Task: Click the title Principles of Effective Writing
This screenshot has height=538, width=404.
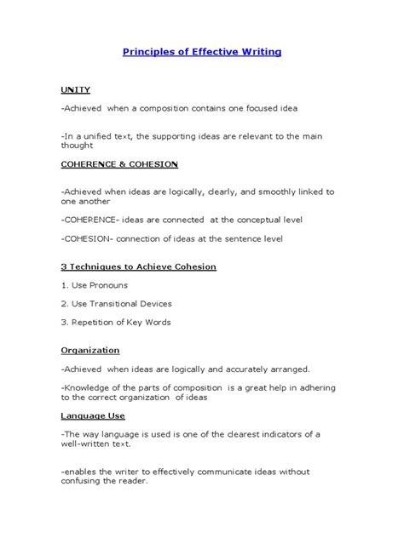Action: tap(202, 52)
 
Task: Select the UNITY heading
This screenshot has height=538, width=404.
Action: tap(75, 89)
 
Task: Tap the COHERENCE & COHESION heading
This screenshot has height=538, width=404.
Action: tap(118, 163)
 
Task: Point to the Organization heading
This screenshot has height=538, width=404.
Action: tap(90, 350)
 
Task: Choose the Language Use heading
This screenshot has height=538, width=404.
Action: tap(93, 415)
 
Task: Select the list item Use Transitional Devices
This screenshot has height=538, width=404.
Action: tap(117, 303)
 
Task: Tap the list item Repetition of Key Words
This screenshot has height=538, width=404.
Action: tap(116, 322)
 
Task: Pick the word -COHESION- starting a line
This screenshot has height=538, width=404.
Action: tap(91, 238)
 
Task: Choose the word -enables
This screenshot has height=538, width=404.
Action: tap(81, 471)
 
